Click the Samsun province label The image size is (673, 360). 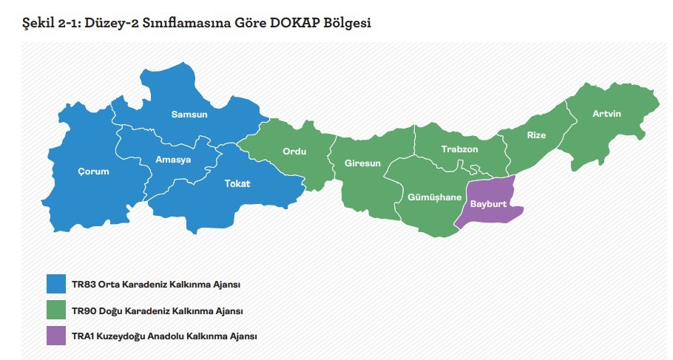pos(189,115)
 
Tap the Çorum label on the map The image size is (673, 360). pos(93,171)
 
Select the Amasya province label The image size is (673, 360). pos(173,160)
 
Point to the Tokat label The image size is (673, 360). pos(237,183)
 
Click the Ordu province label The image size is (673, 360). pos(294,152)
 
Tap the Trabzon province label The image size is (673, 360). pos(459,149)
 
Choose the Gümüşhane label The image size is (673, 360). pos(434,197)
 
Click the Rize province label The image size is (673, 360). pos(536,135)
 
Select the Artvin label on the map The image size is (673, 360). pos(606,114)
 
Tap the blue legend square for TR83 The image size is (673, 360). pos(56,284)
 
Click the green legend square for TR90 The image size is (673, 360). pos(56,310)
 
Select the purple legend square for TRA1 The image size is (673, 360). pos(56,336)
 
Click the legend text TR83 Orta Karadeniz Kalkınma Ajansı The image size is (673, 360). pos(156,285)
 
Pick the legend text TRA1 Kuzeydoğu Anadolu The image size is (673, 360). pos(164,336)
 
